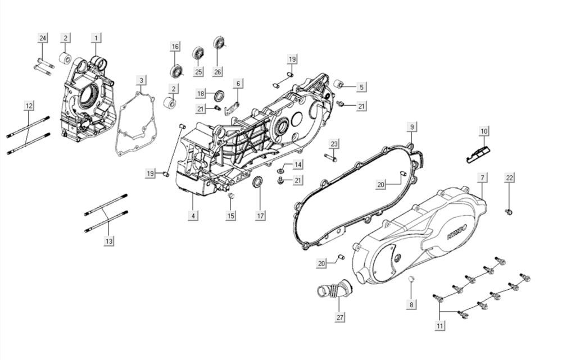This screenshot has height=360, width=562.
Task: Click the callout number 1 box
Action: (97, 38)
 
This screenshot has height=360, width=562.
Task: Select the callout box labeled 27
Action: (339, 317)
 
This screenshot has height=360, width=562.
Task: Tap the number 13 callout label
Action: (109, 241)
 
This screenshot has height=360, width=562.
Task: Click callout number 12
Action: (29, 105)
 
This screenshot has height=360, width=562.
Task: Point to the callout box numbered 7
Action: (482, 177)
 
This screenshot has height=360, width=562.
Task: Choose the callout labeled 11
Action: (440, 325)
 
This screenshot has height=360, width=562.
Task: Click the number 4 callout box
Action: (193, 215)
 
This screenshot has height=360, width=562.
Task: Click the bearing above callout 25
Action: (198, 53)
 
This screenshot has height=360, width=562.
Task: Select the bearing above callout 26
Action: (219, 43)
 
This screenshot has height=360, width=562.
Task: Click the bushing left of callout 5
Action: (339, 85)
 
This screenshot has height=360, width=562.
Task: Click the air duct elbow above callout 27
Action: (332, 293)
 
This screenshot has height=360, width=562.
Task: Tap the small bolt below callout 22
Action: (509, 212)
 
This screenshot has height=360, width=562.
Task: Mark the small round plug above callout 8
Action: (411, 279)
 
